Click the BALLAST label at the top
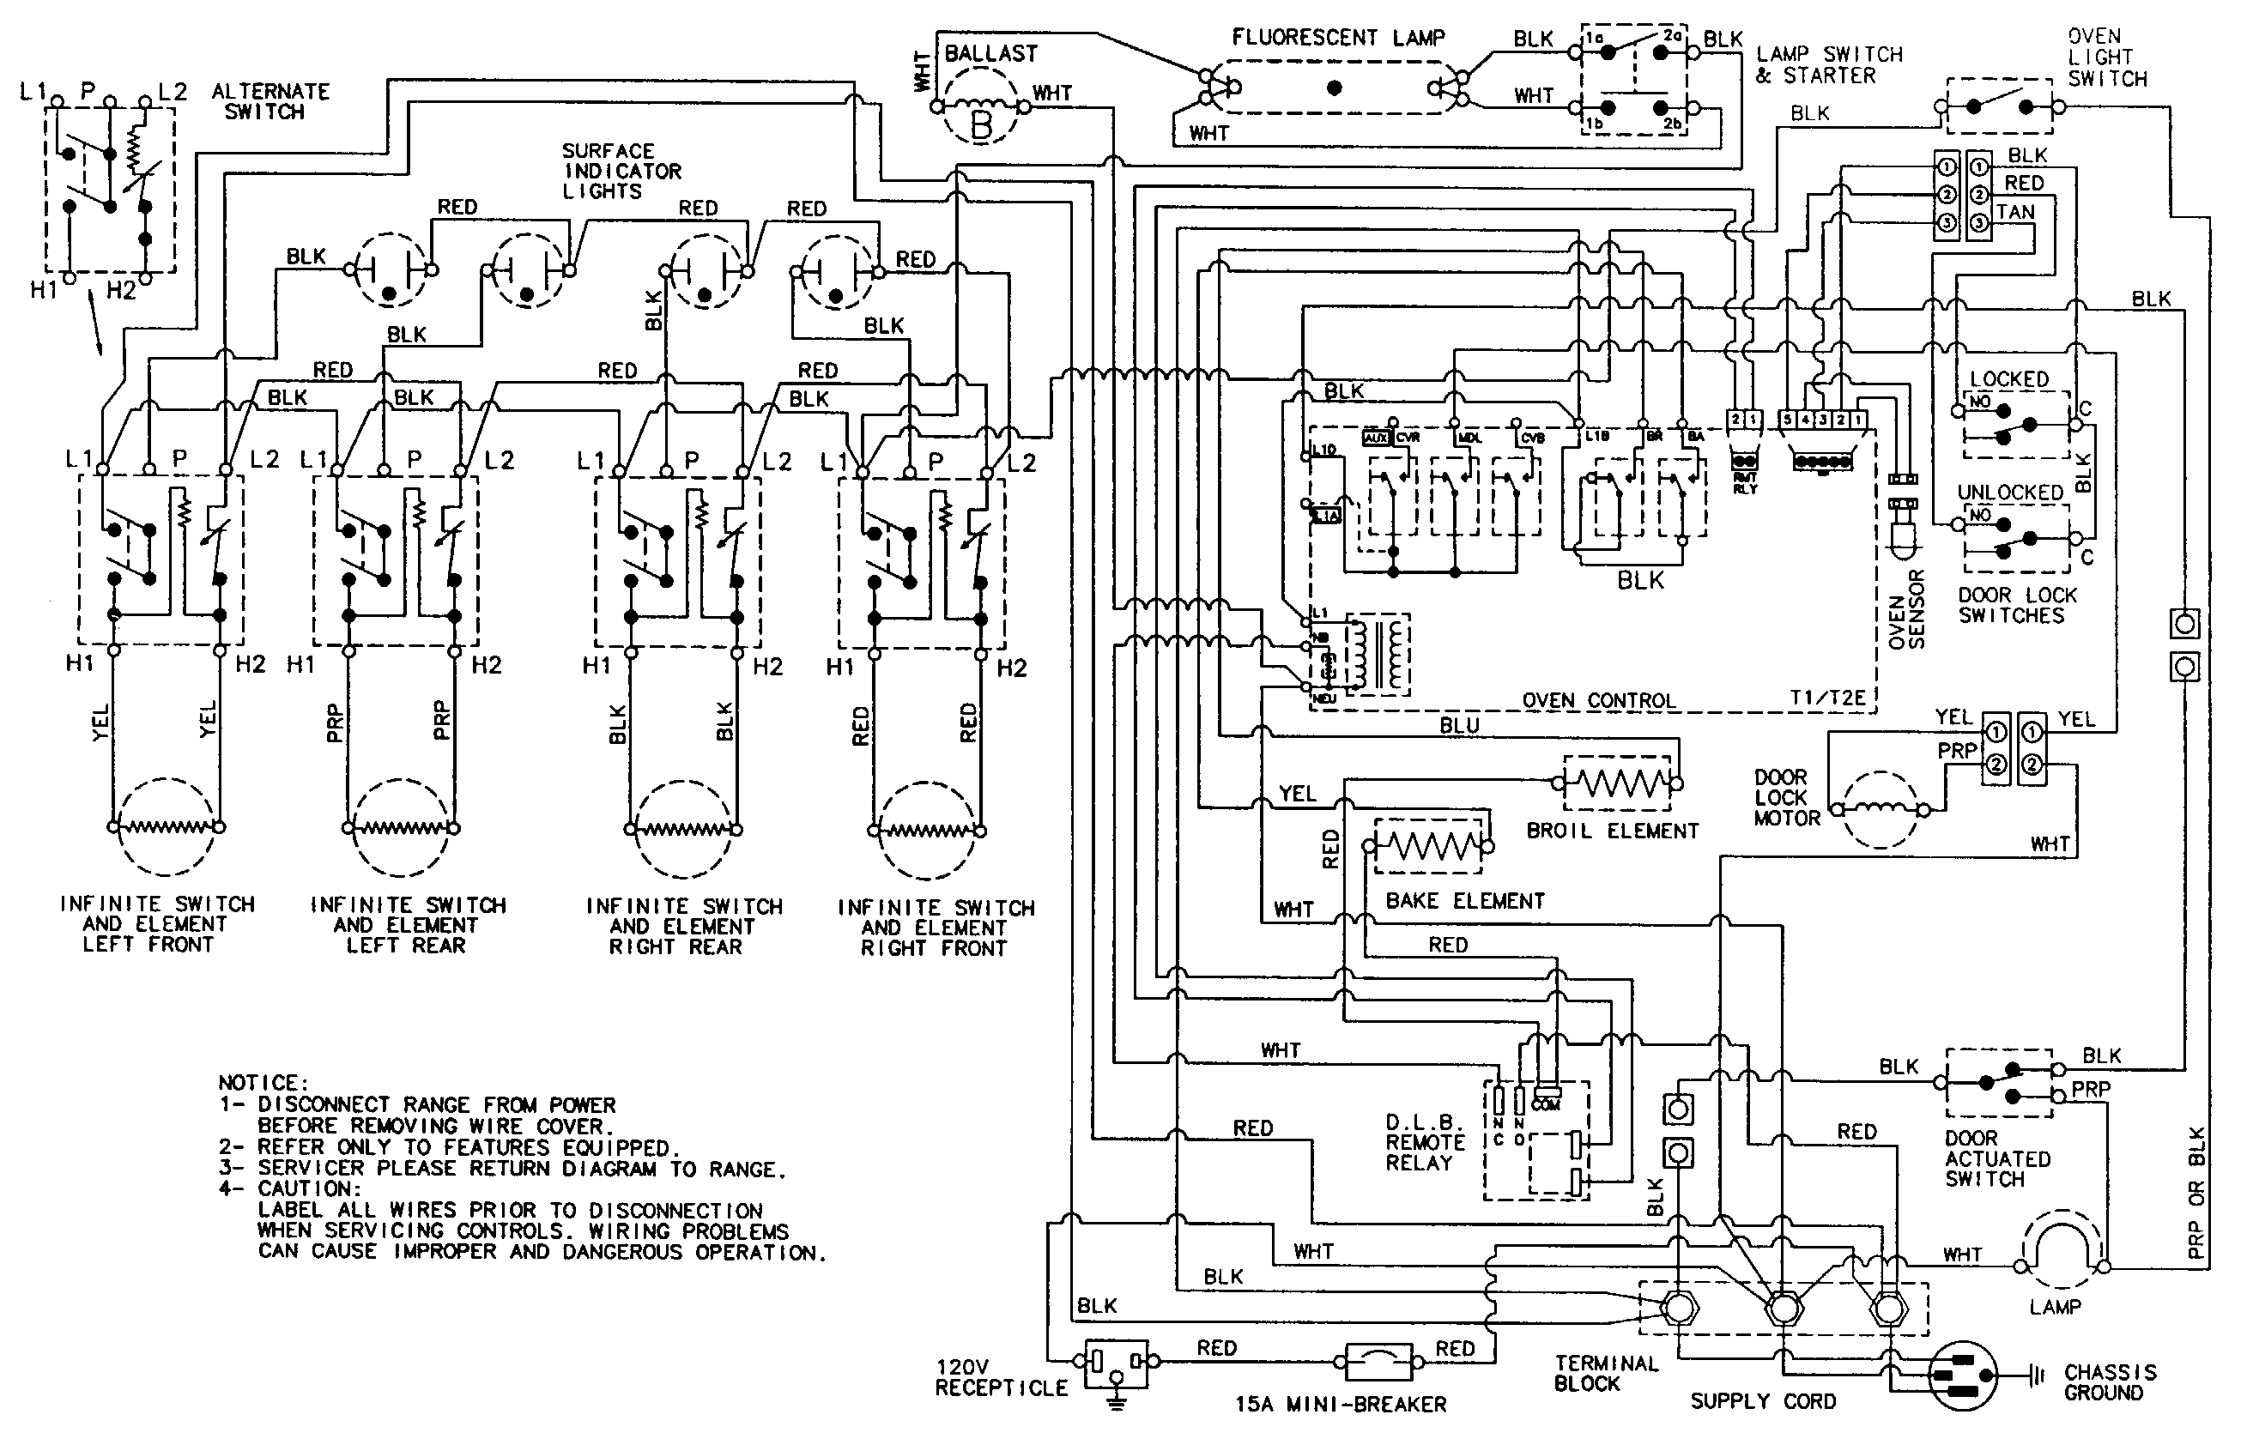(990, 54)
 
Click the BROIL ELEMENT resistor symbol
(1618, 782)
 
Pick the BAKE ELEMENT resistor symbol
(1428, 845)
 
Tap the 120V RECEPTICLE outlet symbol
(1116, 1363)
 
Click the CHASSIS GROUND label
(2110, 1382)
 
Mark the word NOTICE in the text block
(262, 1084)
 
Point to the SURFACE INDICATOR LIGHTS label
(621, 171)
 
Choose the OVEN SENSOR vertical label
(1906, 608)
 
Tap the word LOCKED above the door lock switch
(2009, 378)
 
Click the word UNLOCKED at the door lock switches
(2010, 492)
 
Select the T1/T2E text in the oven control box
(1827, 698)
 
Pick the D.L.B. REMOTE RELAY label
(1425, 1142)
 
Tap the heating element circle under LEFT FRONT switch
(166, 826)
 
